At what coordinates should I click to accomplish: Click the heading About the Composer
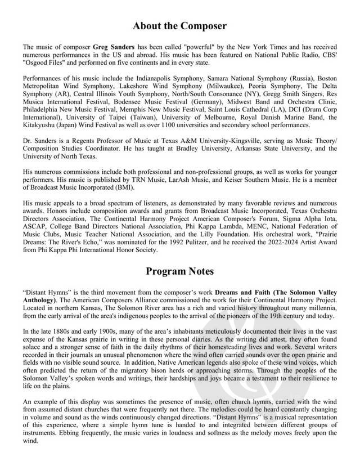180,25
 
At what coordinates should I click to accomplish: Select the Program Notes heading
180,271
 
